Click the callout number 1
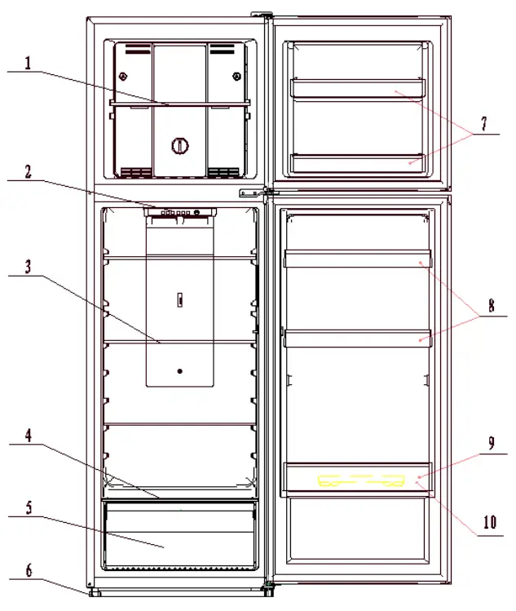click(28, 63)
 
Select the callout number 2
click(28, 172)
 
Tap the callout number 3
click(28, 267)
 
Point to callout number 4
click(29, 436)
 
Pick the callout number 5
click(29, 507)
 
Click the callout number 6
click(29, 570)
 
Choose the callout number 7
click(484, 123)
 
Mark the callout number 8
click(492, 305)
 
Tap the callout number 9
click(492, 443)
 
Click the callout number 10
click(490, 522)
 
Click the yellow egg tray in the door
click(361, 480)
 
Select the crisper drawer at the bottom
click(179, 534)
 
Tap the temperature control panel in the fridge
click(180, 212)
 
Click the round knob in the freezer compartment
click(180, 146)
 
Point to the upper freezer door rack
click(358, 88)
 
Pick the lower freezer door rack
click(358, 163)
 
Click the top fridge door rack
click(358, 259)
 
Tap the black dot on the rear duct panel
click(180, 371)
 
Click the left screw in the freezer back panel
click(122, 77)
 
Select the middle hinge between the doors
click(258, 193)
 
